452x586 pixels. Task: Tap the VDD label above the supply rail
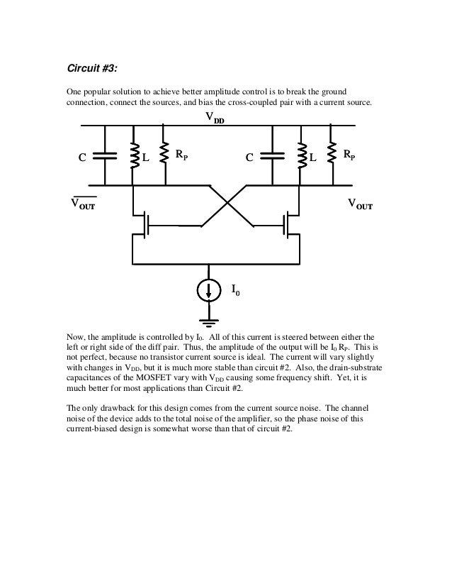215,119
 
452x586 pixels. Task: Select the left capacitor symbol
105,157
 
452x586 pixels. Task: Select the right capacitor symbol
271,157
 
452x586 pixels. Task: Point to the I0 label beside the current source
236,289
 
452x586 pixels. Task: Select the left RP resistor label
182,154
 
